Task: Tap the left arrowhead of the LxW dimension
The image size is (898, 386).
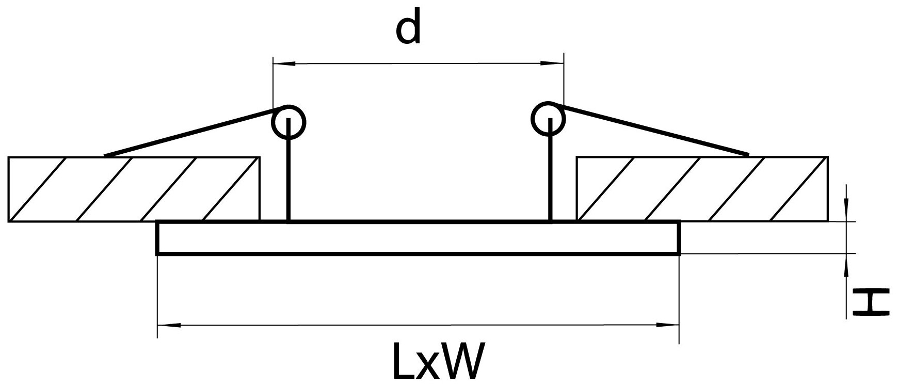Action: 168,326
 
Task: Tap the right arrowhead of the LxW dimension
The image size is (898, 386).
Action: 668,326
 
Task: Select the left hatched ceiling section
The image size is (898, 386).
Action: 134,189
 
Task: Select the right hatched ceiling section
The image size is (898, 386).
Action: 702,189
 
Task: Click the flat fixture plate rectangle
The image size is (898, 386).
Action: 418,238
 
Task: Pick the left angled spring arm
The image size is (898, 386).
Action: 191,132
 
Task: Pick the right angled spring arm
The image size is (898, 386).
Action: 650,131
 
